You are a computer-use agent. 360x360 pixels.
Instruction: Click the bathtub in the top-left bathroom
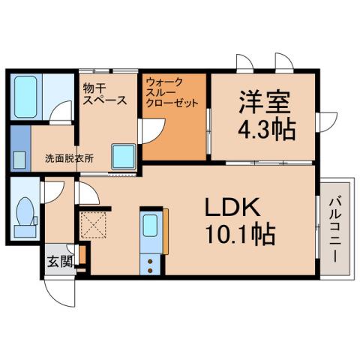[x=26, y=94]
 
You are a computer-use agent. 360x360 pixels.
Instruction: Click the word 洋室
[x=264, y=102]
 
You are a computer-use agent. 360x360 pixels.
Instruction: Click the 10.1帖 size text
[x=238, y=235]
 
